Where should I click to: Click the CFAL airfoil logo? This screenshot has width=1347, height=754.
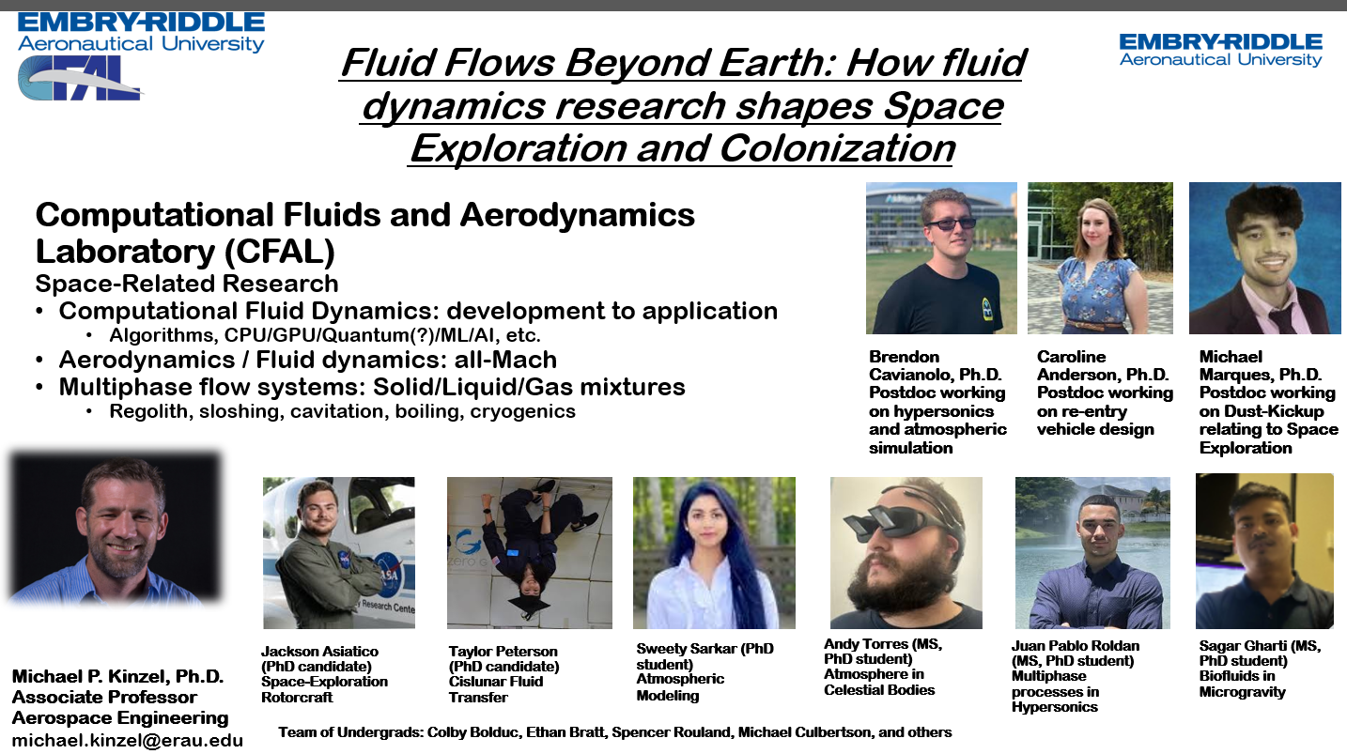[x=80, y=78]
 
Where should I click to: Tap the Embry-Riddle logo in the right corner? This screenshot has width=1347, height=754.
[x=1220, y=50]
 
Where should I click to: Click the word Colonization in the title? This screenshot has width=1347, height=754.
[x=837, y=148]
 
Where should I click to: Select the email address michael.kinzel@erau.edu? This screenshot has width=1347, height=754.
[x=128, y=740]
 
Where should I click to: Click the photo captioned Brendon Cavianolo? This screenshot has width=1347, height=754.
[x=941, y=258]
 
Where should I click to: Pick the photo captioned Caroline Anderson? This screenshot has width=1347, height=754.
[x=1100, y=258]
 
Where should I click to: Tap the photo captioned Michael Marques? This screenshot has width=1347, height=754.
[x=1264, y=258]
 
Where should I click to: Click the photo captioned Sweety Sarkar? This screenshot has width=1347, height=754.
[x=714, y=553]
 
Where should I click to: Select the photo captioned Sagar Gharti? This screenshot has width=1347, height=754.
[x=1264, y=551]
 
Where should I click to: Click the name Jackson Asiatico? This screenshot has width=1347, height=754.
[x=319, y=652]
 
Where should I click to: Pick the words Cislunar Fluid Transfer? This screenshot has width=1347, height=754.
[x=496, y=689]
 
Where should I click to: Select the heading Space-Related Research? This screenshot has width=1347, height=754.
[x=187, y=284]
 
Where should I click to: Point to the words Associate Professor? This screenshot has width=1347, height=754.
[x=104, y=697]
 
